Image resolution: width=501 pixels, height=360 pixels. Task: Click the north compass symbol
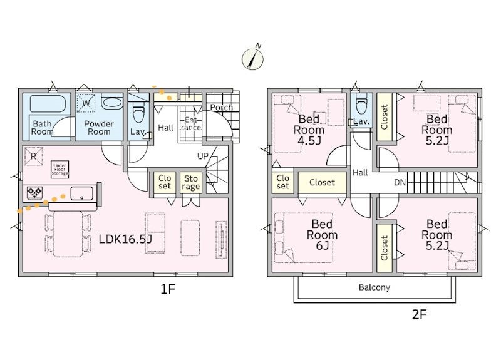point(252,59)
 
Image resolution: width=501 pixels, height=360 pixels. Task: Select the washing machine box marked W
point(86,103)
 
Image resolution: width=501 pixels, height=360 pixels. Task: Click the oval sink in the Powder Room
point(111,103)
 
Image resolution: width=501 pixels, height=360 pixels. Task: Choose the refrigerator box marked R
point(33,157)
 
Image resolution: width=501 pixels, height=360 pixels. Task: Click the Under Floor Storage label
point(59,169)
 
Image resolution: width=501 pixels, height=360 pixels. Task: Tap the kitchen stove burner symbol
point(34,193)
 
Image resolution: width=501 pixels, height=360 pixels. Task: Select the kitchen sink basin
point(81,193)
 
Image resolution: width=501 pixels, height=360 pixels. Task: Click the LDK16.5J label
point(125,239)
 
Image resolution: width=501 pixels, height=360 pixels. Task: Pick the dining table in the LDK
point(68,234)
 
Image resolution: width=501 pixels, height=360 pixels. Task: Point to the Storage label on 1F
point(191,182)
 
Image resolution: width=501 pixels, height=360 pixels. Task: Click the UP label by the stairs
point(202,156)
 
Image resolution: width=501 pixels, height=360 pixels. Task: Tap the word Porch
point(222,108)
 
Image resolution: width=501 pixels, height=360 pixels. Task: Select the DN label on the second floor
point(400,182)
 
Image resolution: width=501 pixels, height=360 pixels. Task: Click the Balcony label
point(374,287)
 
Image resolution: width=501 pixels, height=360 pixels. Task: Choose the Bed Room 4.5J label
point(309,130)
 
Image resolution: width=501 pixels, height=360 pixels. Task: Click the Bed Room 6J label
point(322,234)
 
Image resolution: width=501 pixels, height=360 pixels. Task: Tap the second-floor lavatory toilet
point(361,103)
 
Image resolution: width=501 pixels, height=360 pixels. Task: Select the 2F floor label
point(420,315)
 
